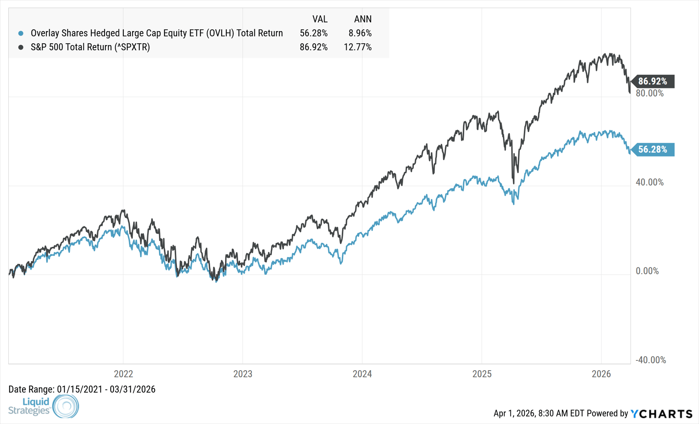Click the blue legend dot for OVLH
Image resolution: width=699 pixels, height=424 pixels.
coord(21,33)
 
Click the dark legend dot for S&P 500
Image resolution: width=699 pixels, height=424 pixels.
coord(21,47)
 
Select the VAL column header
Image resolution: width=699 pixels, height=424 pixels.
coord(320,19)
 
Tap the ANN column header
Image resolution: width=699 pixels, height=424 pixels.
coord(362,19)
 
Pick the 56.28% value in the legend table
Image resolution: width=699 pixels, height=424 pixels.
coord(313,33)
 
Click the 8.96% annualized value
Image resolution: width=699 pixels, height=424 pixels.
coord(360,33)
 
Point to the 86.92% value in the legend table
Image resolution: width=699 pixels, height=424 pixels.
coord(313,47)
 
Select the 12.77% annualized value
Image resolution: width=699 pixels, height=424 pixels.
coord(357,47)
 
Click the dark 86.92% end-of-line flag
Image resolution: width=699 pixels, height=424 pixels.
coord(653,81)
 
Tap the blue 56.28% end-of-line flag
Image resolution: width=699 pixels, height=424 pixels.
coord(653,150)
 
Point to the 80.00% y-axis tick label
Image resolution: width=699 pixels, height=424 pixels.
coord(649,93)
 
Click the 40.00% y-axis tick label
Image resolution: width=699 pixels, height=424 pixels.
coord(649,182)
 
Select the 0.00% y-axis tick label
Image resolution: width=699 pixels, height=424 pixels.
coord(647,271)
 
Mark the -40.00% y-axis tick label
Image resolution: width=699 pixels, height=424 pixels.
coord(651,360)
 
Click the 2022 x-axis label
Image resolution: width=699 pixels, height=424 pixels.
coord(123,374)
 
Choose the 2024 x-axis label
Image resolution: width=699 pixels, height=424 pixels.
coord(362,374)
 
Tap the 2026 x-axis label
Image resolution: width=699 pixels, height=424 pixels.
coord(601,374)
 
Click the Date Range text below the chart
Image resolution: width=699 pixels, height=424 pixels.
coord(82,389)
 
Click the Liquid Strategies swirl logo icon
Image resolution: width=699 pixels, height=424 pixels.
coord(66,406)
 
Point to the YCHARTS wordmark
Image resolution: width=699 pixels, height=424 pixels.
coord(662,414)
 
